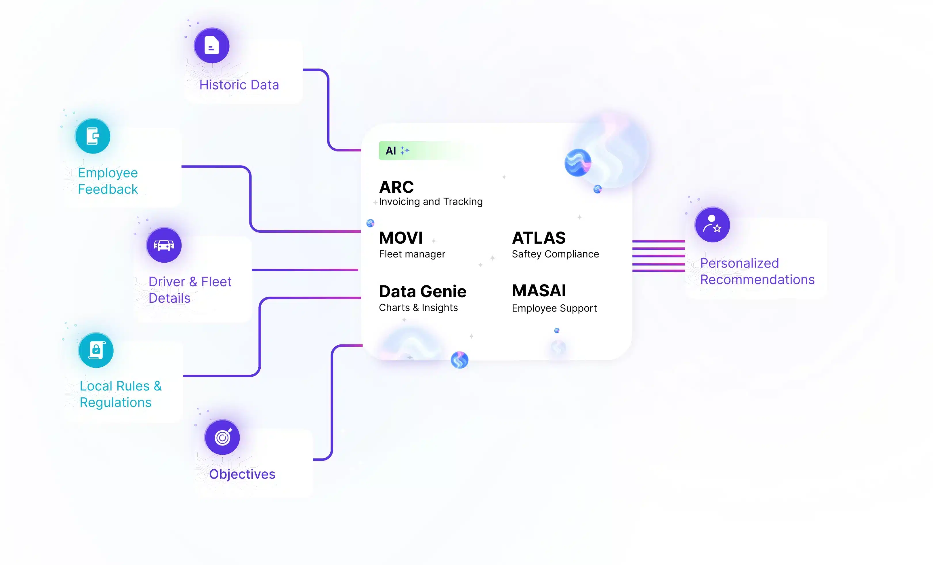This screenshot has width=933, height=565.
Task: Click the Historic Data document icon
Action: tap(212, 46)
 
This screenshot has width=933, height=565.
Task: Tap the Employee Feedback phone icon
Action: tap(93, 136)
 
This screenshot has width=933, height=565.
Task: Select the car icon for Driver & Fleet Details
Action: tap(164, 245)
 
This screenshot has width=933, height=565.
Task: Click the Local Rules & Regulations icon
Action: tap(96, 350)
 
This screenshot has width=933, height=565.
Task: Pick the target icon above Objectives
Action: tap(223, 437)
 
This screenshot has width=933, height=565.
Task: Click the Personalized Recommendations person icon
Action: tap(712, 225)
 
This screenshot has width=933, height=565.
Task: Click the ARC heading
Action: tap(396, 187)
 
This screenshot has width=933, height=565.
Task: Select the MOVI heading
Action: tap(400, 238)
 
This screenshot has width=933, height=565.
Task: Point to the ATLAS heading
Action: tap(539, 238)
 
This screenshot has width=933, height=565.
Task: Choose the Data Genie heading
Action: tap(423, 291)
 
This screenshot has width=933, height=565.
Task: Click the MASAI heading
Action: tap(539, 291)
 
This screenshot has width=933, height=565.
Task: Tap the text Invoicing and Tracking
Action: tap(430, 202)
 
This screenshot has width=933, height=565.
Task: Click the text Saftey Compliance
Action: tap(555, 254)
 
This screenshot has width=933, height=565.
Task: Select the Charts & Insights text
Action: tap(418, 308)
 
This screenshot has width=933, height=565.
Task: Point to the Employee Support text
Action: tap(554, 308)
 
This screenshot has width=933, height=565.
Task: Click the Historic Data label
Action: tap(239, 85)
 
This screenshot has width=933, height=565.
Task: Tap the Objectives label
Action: tap(242, 474)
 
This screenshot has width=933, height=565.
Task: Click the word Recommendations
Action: tap(757, 280)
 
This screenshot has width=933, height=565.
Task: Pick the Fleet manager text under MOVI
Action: tap(412, 254)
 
